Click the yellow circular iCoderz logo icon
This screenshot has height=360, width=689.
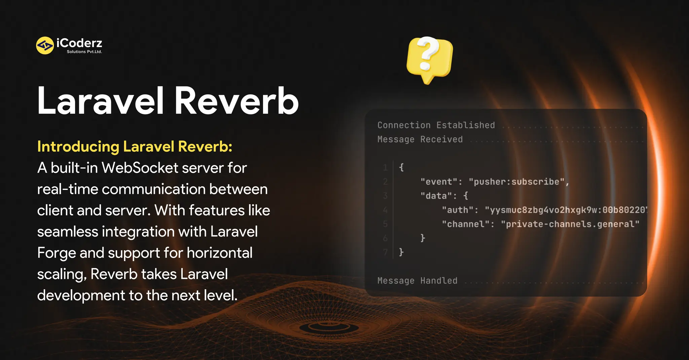(45, 45)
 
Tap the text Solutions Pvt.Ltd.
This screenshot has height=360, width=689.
(84, 52)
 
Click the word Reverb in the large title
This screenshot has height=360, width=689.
(237, 101)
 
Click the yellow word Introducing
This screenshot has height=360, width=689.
(78, 147)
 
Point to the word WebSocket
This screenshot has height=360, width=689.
(140, 168)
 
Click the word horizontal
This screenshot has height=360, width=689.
(219, 253)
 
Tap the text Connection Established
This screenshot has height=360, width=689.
(436, 125)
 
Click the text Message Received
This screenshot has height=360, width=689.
(420, 139)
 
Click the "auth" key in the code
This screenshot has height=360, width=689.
(457, 210)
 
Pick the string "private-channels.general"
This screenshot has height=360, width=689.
(570, 224)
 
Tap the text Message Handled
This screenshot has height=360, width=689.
(417, 281)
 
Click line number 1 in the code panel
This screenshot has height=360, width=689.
(385, 167)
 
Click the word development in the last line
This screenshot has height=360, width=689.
(81, 296)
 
